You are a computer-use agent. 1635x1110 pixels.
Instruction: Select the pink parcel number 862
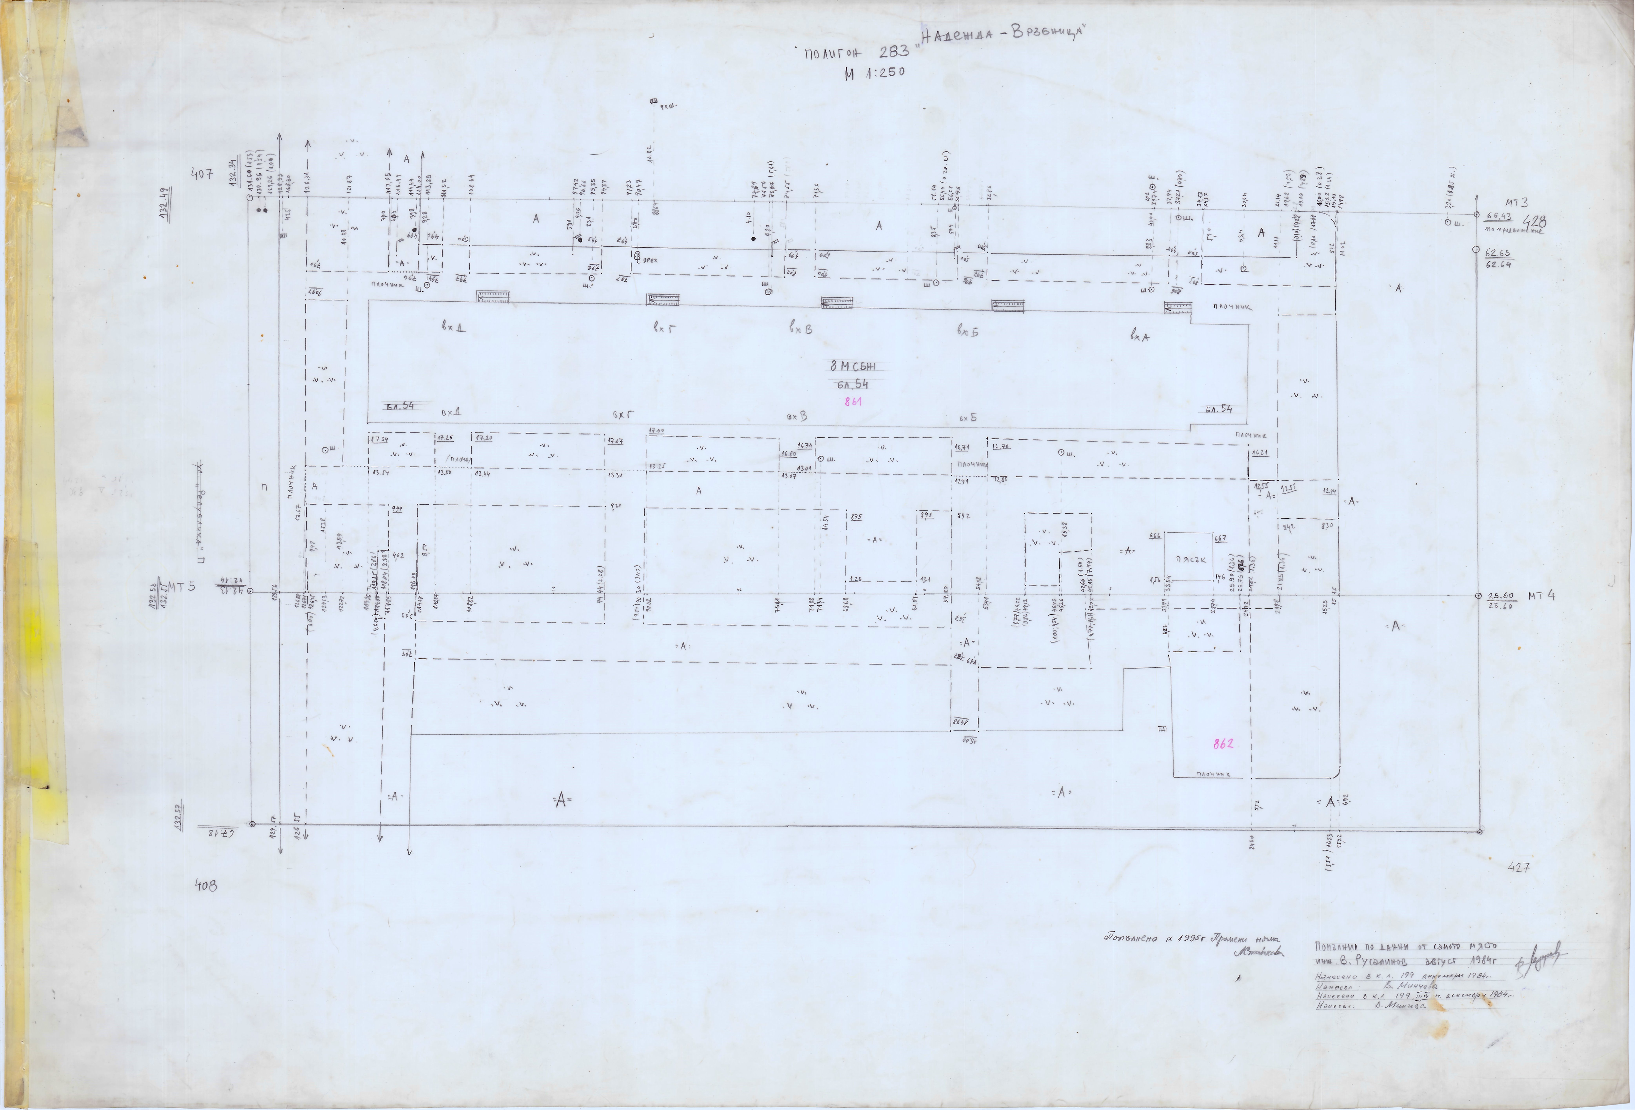(1223, 744)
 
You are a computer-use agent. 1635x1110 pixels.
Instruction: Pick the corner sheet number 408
(206, 886)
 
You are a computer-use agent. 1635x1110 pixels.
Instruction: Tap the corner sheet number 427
(1519, 867)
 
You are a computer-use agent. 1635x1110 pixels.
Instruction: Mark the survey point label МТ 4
(1541, 596)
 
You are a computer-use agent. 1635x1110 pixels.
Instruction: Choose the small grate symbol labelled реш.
(653, 102)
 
